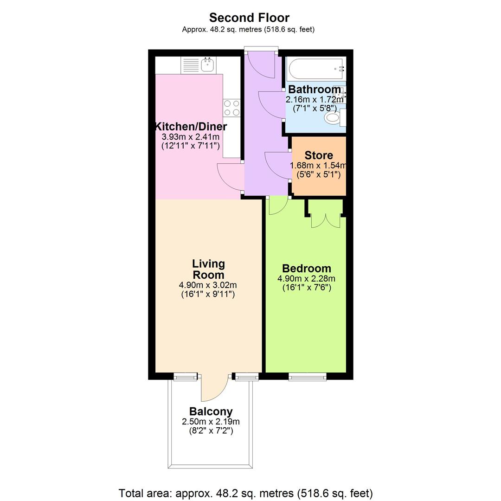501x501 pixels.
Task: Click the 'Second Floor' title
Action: pyautogui.click(x=249, y=18)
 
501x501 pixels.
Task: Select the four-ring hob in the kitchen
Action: pyautogui.click(x=232, y=108)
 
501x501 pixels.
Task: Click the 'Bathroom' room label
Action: pyautogui.click(x=315, y=89)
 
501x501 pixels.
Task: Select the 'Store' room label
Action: pyautogui.click(x=319, y=155)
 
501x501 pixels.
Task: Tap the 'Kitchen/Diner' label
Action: pyautogui.click(x=191, y=127)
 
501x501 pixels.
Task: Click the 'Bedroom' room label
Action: pyautogui.click(x=307, y=269)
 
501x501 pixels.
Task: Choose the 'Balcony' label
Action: pyautogui.click(x=211, y=411)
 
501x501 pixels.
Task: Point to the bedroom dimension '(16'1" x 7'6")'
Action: pyautogui.click(x=307, y=287)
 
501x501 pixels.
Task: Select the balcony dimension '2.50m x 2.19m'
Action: pyautogui.click(x=211, y=422)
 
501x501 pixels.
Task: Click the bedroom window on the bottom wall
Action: pyautogui.click(x=307, y=377)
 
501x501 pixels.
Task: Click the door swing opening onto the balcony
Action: pyautogui.click(x=213, y=389)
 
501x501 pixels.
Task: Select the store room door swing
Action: pyautogui.click(x=277, y=166)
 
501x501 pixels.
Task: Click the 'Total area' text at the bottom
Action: pyautogui.click(x=245, y=493)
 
